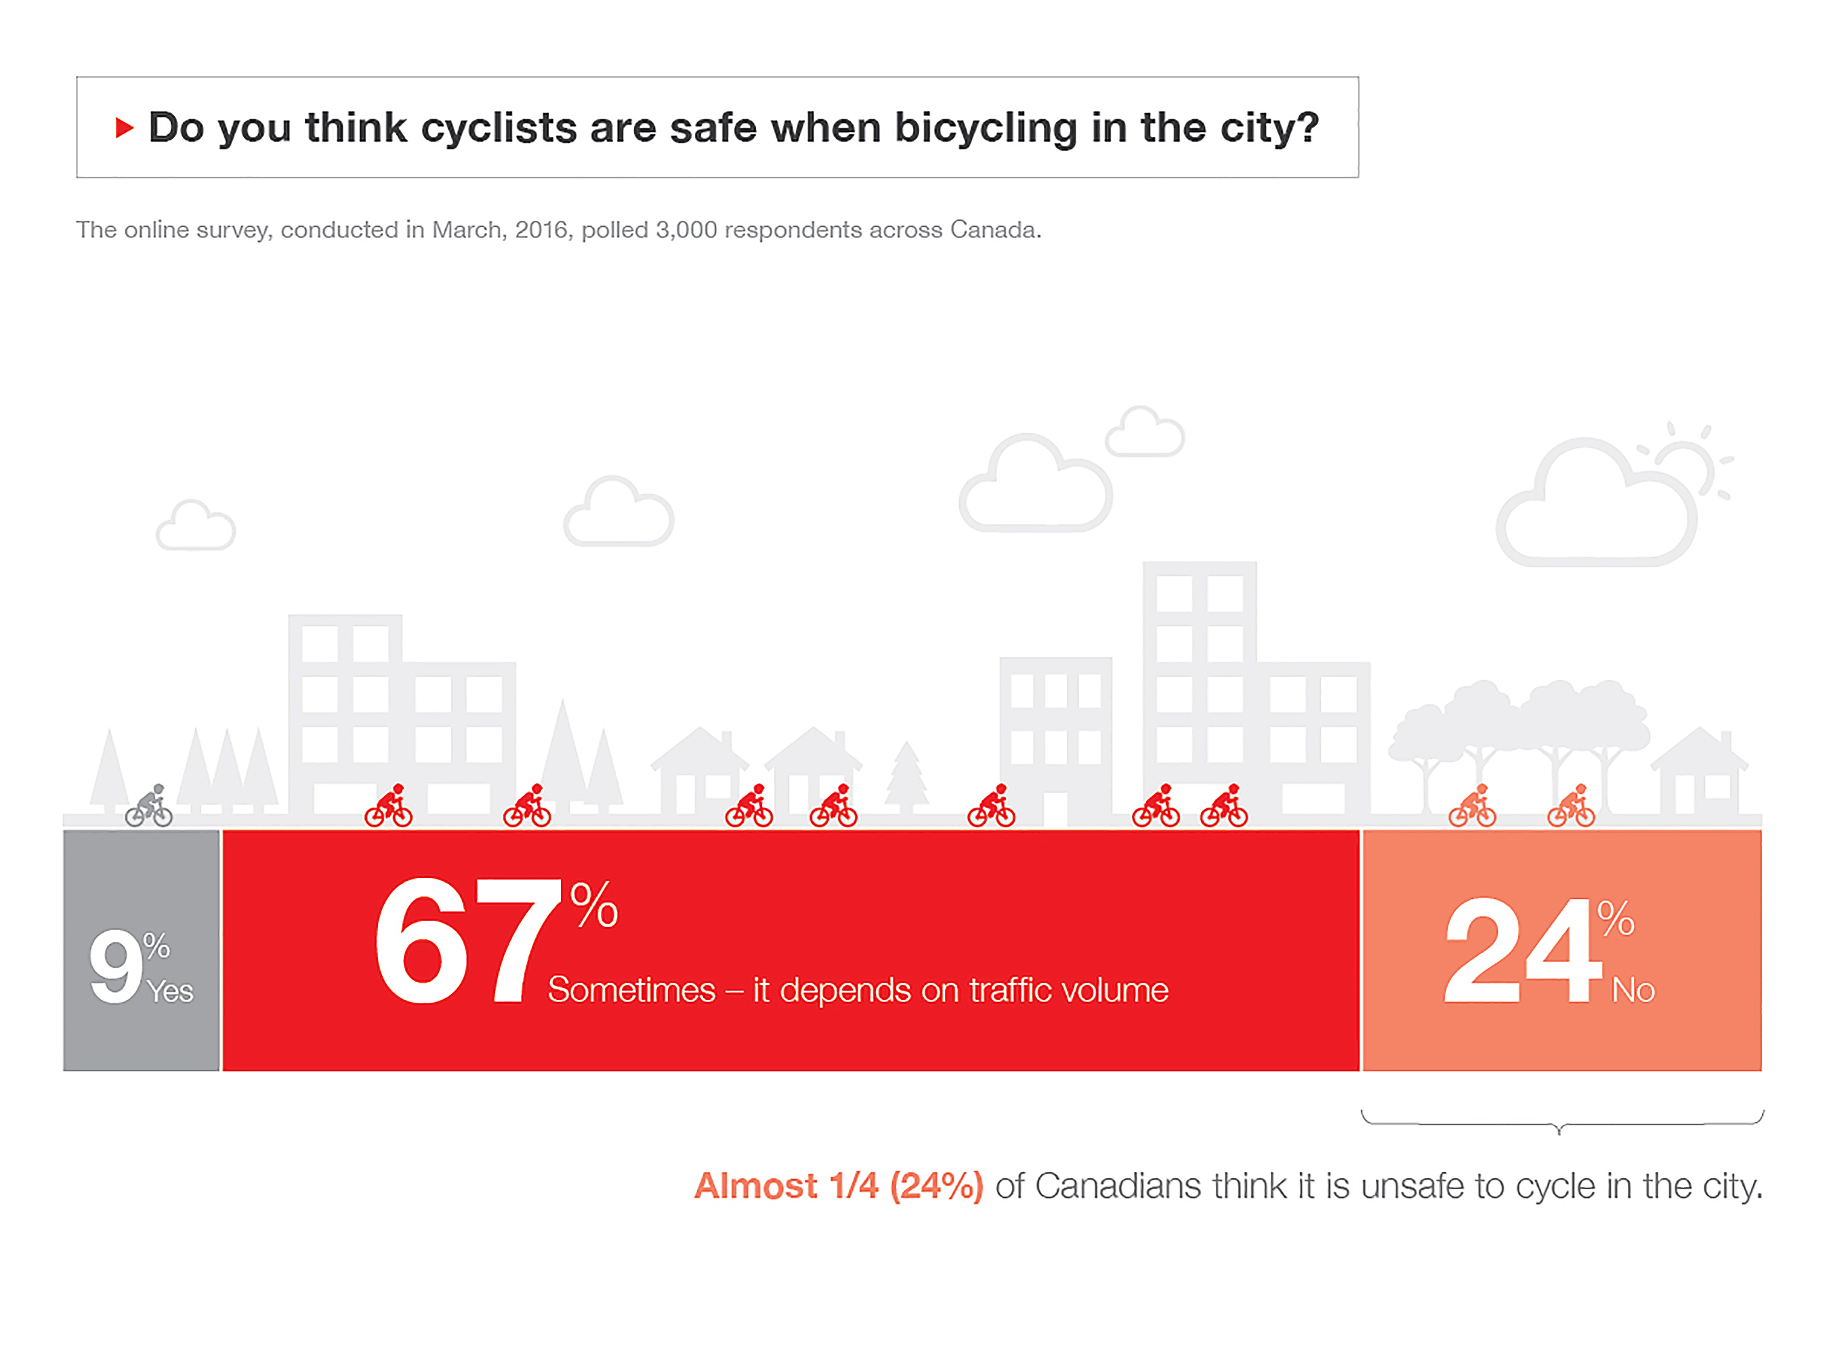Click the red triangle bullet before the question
tap(124, 127)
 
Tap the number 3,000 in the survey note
tap(686, 230)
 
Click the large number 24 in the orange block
tap(1522, 951)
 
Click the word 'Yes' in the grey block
tap(170, 991)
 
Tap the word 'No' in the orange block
tap(1633, 990)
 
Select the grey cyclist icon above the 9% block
tap(149, 806)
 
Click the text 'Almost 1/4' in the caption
tap(786, 1186)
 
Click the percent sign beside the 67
tap(593, 906)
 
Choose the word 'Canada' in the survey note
tap(994, 230)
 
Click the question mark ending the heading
tap(1307, 128)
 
